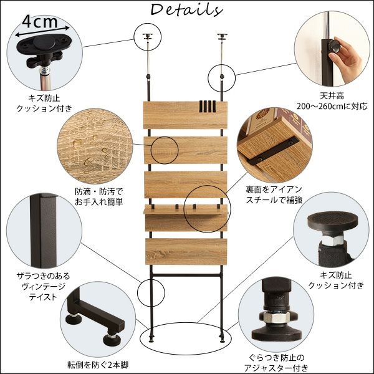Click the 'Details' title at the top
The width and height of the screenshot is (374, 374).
186,11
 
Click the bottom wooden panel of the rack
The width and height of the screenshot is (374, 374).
185,251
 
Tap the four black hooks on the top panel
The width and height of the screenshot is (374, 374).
207,106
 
